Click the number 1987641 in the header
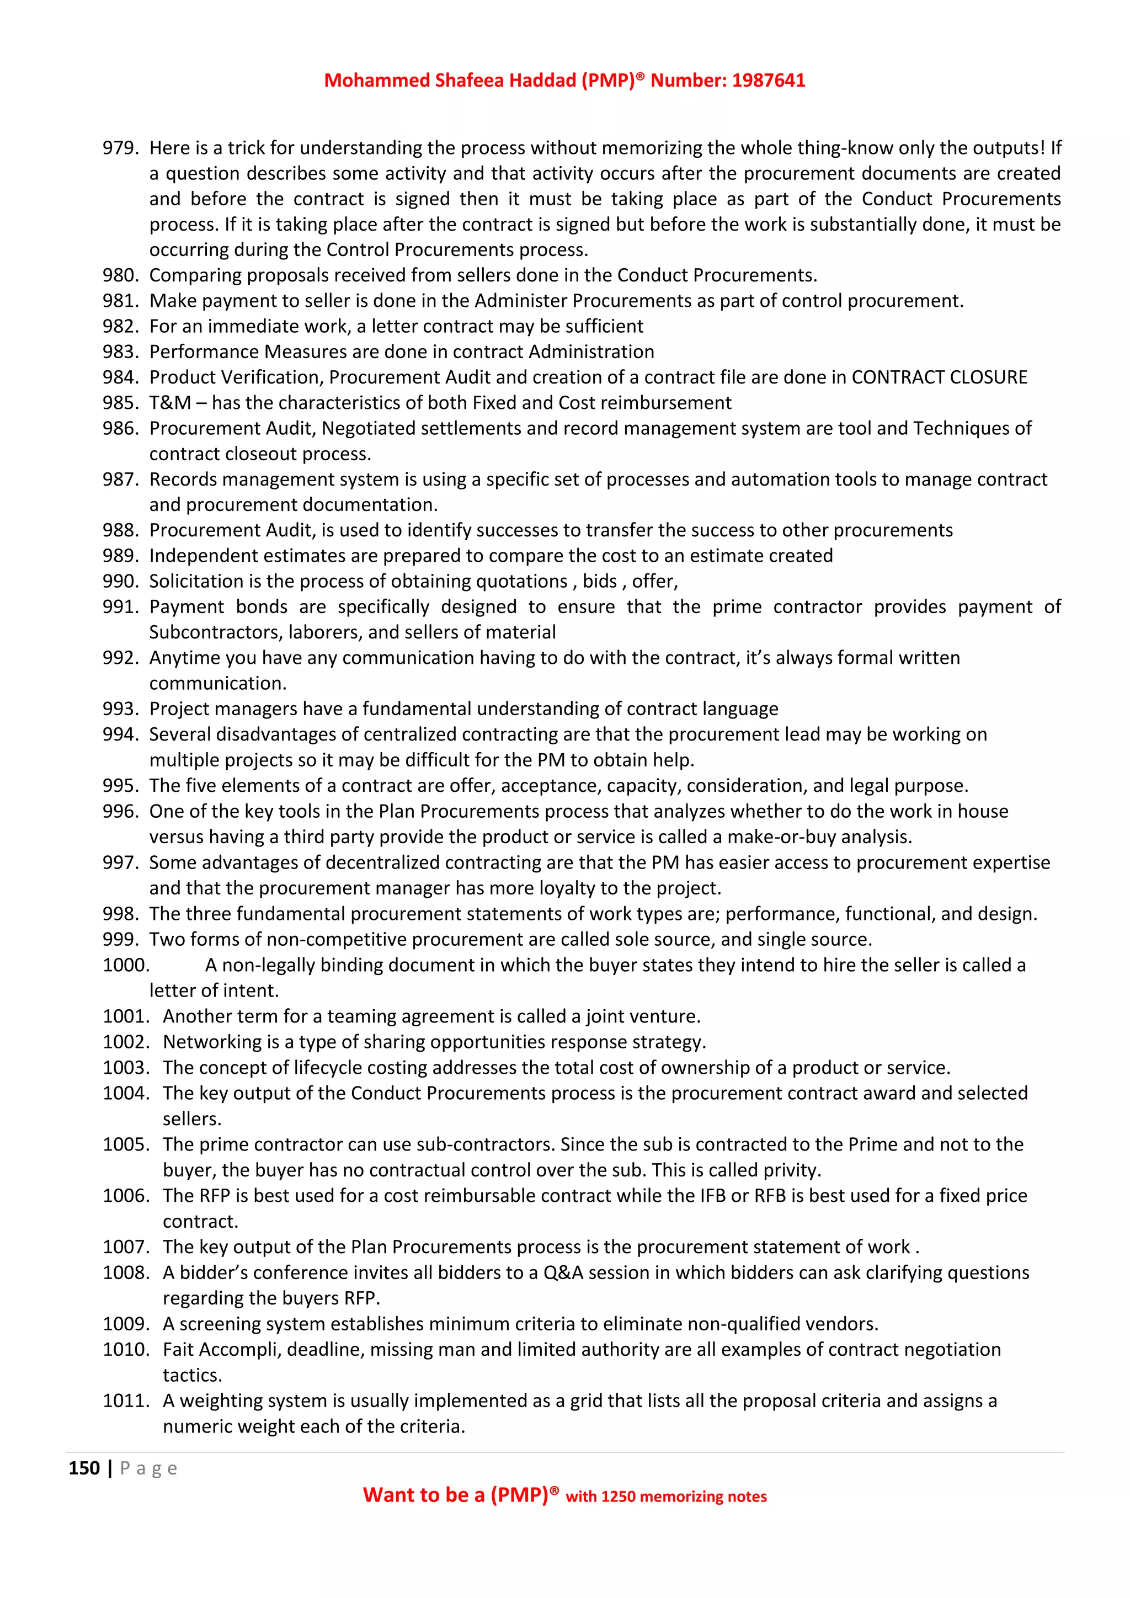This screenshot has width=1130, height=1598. point(768,81)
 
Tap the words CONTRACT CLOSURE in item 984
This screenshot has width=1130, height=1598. point(939,377)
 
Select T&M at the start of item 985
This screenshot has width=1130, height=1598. point(170,403)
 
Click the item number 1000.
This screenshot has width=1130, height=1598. point(126,965)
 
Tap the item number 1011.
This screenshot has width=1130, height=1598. point(126,1401)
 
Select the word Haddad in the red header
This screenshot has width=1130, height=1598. point(543,81)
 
